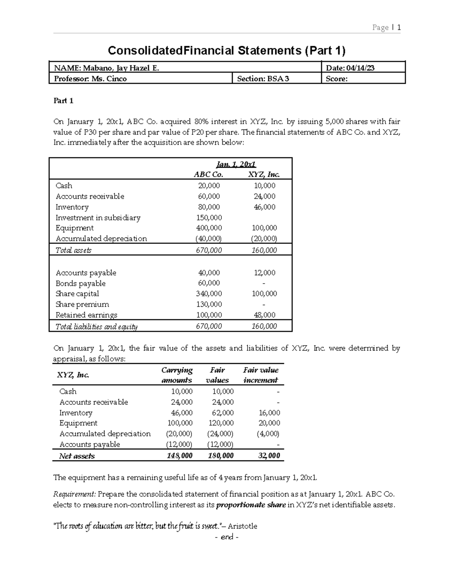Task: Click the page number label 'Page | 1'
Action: [386, 27]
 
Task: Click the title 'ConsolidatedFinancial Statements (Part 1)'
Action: [227, 50]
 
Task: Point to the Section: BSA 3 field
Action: [263, 79]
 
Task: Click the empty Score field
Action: [362, 79]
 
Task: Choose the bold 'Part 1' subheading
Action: [63, 101]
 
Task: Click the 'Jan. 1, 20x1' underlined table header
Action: [236, 164]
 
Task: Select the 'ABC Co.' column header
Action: [208, 175]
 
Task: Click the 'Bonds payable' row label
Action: [81, 283]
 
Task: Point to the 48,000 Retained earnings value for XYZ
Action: [264, 315]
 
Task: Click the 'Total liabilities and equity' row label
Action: [96, 327]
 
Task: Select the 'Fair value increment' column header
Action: [261, 375]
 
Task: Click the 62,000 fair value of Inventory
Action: [222, 413]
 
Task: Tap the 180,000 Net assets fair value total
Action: [221, 456]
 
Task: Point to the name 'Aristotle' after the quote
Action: [242, 526]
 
